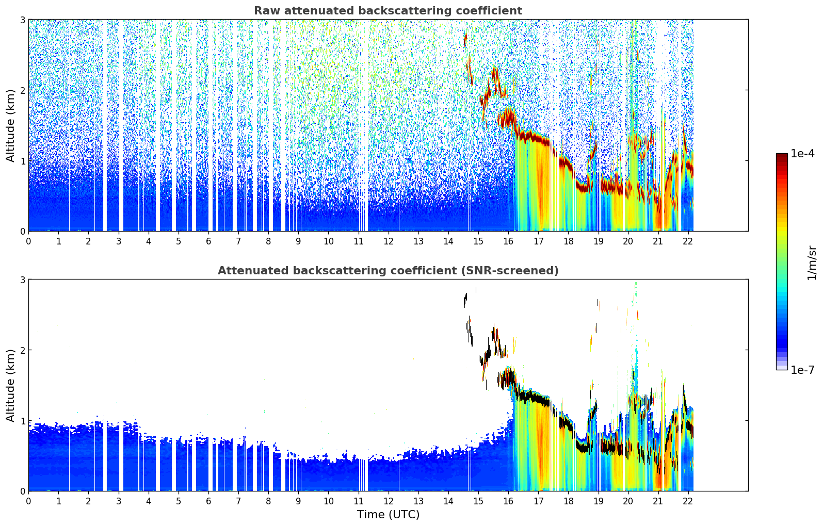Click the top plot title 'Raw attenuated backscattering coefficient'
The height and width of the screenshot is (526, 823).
pyautogui.click(x=388, y=11)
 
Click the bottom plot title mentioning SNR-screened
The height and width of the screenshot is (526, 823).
pyautogui.click(x=388, y=271)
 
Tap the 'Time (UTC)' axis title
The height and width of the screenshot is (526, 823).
pyautogui.click(x=388, y=515)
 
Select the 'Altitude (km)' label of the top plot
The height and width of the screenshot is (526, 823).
pyautogui.click(x=10, y=125)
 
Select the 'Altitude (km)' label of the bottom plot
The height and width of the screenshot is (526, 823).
pyautogui.click(x=10, y=385)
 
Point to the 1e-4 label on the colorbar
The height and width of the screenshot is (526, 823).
pyautogui.click(x=802, y=154)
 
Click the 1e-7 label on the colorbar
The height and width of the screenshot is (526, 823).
pyautogui.click(x=802, y=370)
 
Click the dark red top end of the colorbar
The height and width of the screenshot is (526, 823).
pyautogui.click(x=782, y=155)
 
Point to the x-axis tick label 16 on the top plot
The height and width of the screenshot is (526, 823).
pyautogui.click(x=508, y=241)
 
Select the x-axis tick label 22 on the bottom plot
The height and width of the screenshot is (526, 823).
pyautogui.click(x=688, y=501)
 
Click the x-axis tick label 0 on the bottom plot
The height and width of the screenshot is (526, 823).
pyautogui.click(x=28, y=501)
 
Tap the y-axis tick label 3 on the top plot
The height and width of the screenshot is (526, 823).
pyautogui.click(x=22, y=20)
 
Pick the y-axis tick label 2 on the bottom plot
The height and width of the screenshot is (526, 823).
pyautogui.click(x=22, y=350)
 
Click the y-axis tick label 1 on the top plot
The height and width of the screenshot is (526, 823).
pyautogui.click(x=22, y=161)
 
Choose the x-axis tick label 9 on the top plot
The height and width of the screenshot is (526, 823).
pyautogui.click(x=298, y=241)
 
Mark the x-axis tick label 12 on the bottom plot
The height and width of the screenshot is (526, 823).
pyautogui.click(x=388, y=501)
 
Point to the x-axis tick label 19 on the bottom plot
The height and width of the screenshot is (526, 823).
pyautogui.click(x=598, y=501)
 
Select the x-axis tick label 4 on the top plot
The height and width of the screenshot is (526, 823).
pyautogui.click(x=149, y=241)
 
